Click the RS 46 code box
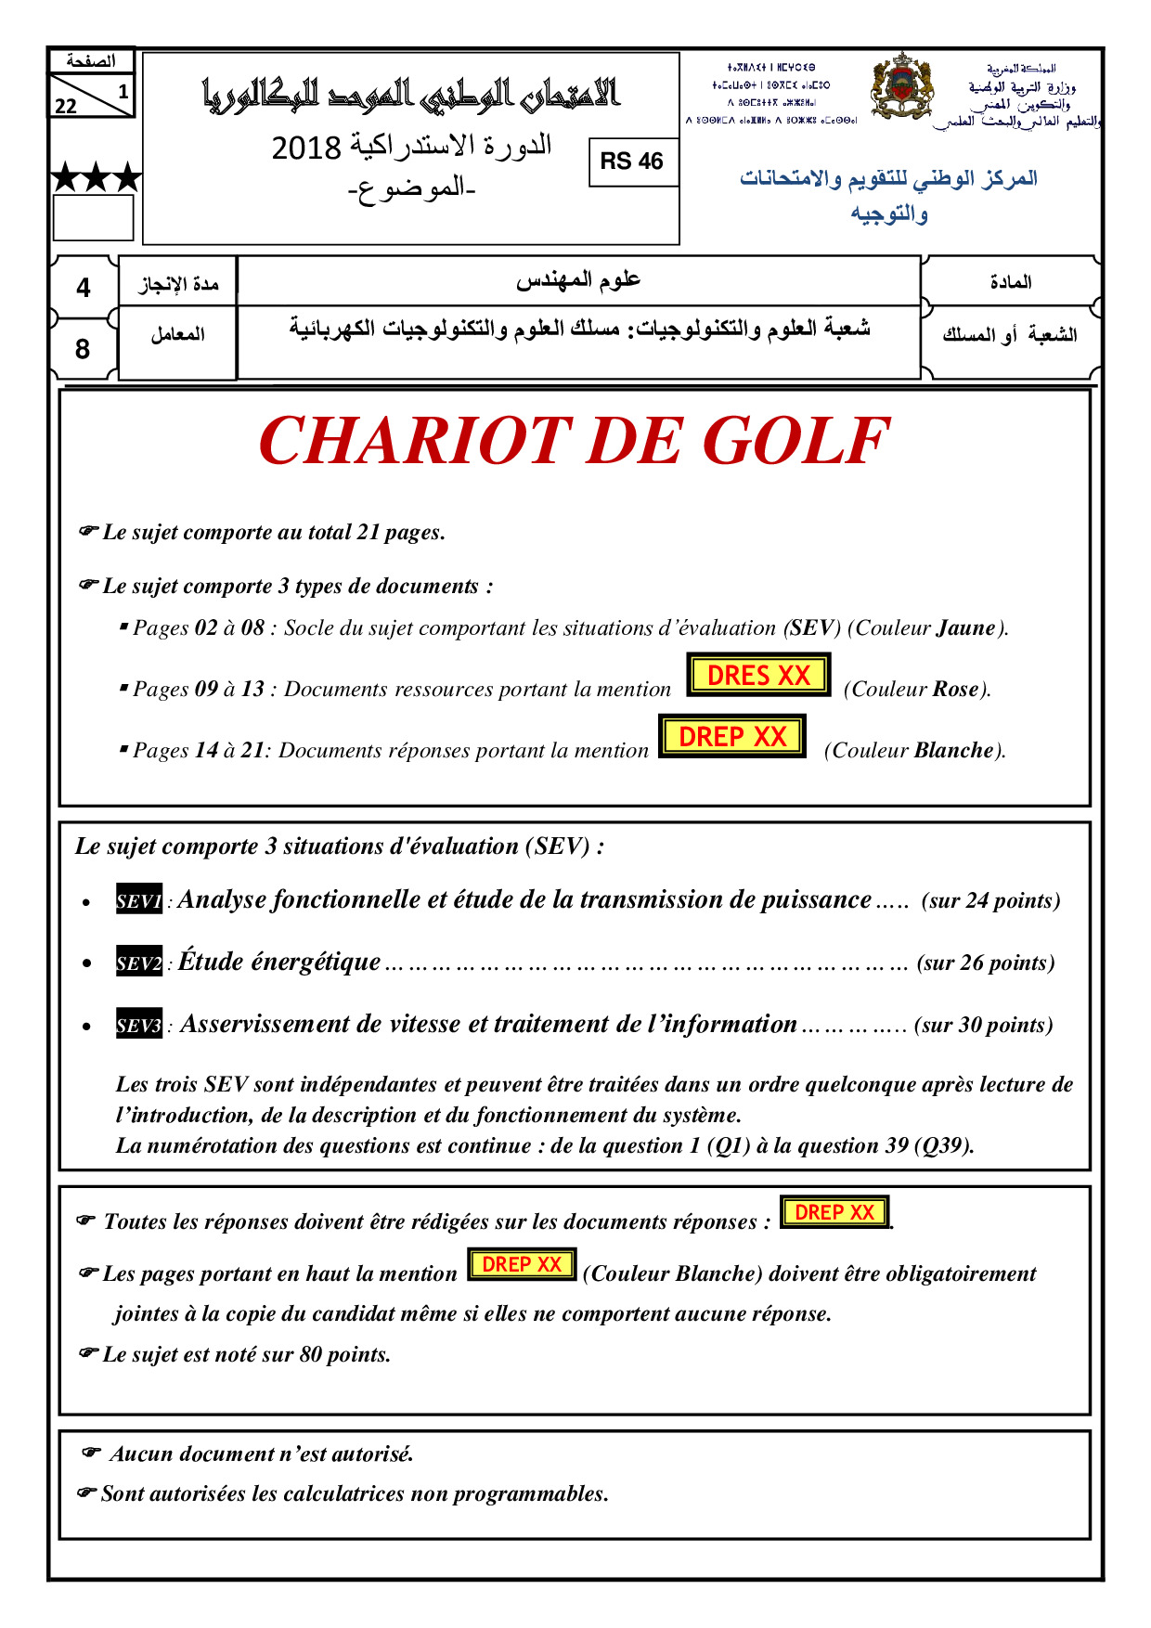[632, 162]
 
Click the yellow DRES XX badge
[758, 676]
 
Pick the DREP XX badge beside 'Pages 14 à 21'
[731, 737]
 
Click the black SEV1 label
[139, 900]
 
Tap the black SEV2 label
[139, 963]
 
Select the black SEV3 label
[139, 1025]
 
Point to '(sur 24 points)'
[990, 900]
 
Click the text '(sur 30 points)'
[983, 1025]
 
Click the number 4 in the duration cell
[84, 288]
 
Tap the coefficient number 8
[83, 349]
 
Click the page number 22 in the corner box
[66, 106]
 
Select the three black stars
[96, 176]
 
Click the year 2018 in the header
[306, 148]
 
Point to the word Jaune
[965, 628]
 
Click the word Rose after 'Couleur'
[955, 690]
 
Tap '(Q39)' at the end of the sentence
[944, 1146]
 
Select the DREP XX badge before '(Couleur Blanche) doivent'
[522, 1265]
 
